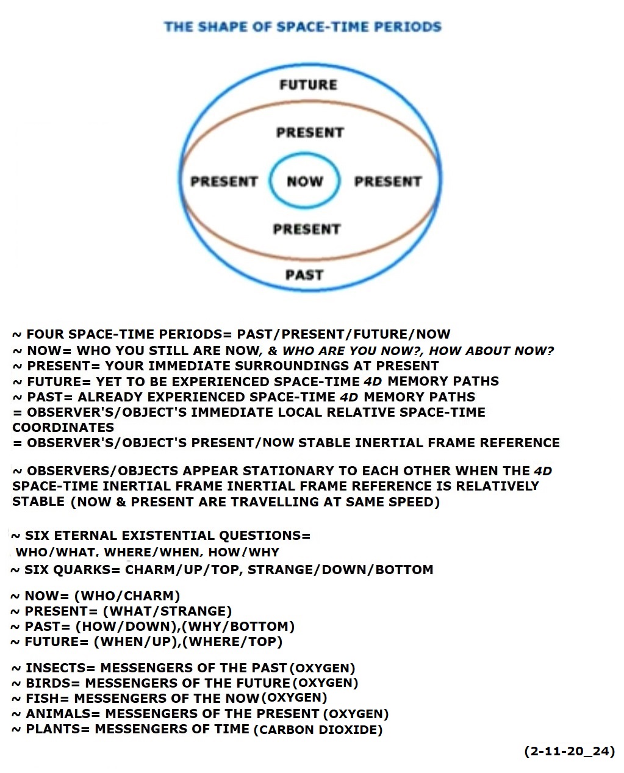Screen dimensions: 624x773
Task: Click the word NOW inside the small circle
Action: pos(305,181)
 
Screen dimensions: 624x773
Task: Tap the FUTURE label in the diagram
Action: pos(309,85)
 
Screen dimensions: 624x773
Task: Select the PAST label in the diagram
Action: pos(304,275)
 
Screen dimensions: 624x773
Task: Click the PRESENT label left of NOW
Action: pos(224,181)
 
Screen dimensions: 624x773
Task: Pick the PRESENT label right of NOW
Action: pos(388,181)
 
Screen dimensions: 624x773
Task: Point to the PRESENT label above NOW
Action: pos(310,132)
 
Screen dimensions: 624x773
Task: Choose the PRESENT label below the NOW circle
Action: pos(307,229)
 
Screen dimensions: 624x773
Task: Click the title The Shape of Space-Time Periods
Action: pos(303,27)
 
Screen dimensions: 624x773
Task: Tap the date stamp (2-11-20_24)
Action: pos(569,751)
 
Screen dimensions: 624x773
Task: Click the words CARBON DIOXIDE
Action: pos(318,730)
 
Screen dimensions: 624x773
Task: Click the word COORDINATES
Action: pos(63,428)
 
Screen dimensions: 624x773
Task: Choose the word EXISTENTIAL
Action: pos(168,536)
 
